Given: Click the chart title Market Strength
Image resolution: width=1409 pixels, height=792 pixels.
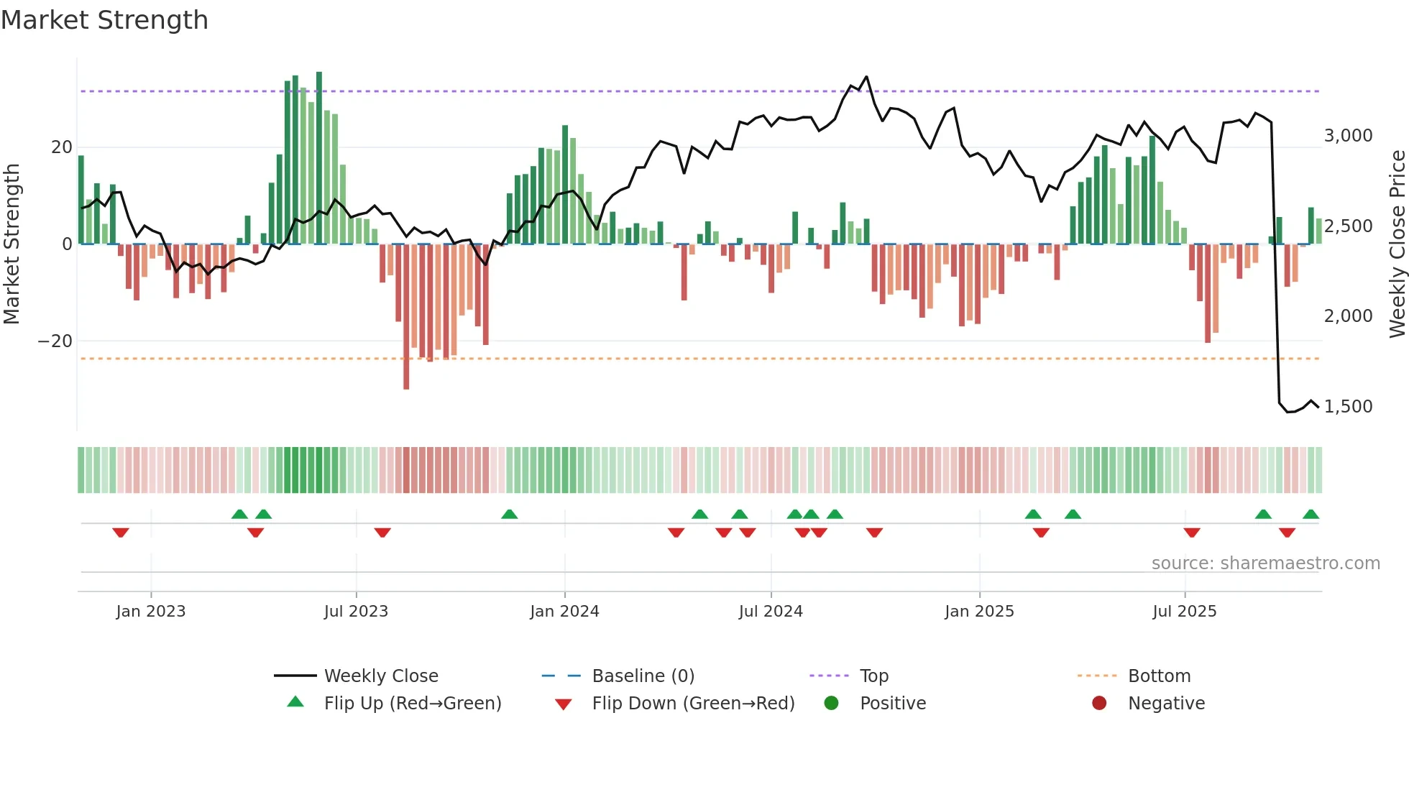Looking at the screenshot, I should point(104,20).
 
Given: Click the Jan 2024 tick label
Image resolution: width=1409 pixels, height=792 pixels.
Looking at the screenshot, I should point(564,612).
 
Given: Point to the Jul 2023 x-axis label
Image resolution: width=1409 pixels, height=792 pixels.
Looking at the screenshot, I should point(356,612).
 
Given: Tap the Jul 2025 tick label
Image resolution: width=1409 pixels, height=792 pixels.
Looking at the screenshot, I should point(1184,612).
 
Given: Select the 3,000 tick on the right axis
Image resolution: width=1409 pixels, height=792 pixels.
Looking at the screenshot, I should point(1348,136).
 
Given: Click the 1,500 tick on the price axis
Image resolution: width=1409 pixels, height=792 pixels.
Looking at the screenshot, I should point(1348,407).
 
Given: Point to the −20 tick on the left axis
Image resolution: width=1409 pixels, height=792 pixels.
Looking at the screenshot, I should point(55,341).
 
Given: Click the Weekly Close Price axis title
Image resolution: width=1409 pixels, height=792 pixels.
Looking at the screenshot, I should point(1397,244).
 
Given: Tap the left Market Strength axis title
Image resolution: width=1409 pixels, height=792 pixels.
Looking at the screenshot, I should point(12,244).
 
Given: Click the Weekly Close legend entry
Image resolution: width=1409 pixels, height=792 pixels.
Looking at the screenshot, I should point(381,676).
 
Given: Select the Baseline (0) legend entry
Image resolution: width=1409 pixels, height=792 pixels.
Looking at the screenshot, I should point(643,676).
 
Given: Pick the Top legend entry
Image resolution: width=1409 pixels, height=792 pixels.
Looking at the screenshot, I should point(873,676).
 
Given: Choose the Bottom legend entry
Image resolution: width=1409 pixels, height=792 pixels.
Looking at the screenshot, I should point(1159,676).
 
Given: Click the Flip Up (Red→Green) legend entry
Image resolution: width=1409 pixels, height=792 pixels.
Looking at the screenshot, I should point(412,704).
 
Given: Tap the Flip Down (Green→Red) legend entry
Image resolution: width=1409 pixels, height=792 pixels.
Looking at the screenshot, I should point(693,704).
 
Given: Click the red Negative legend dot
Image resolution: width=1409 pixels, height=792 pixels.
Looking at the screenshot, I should point(1099,704).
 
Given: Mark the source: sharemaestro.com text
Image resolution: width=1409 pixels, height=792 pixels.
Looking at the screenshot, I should point(1265,563).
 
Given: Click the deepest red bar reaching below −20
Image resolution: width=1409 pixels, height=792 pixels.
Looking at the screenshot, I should point(406,345).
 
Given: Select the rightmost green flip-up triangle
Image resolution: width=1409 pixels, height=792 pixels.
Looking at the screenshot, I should point(1311,515).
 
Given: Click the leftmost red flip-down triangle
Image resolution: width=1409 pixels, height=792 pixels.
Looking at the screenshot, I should point(121,533).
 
